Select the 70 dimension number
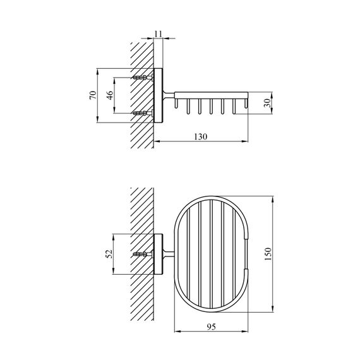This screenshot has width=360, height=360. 92,95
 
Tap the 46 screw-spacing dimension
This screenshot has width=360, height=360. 109,95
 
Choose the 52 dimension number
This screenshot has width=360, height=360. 109,254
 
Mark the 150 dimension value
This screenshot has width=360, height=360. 268,253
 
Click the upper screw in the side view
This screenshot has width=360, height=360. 145,77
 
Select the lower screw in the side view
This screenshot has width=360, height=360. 145,114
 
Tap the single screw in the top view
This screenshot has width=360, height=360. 145,254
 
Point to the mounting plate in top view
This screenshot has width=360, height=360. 159,254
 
